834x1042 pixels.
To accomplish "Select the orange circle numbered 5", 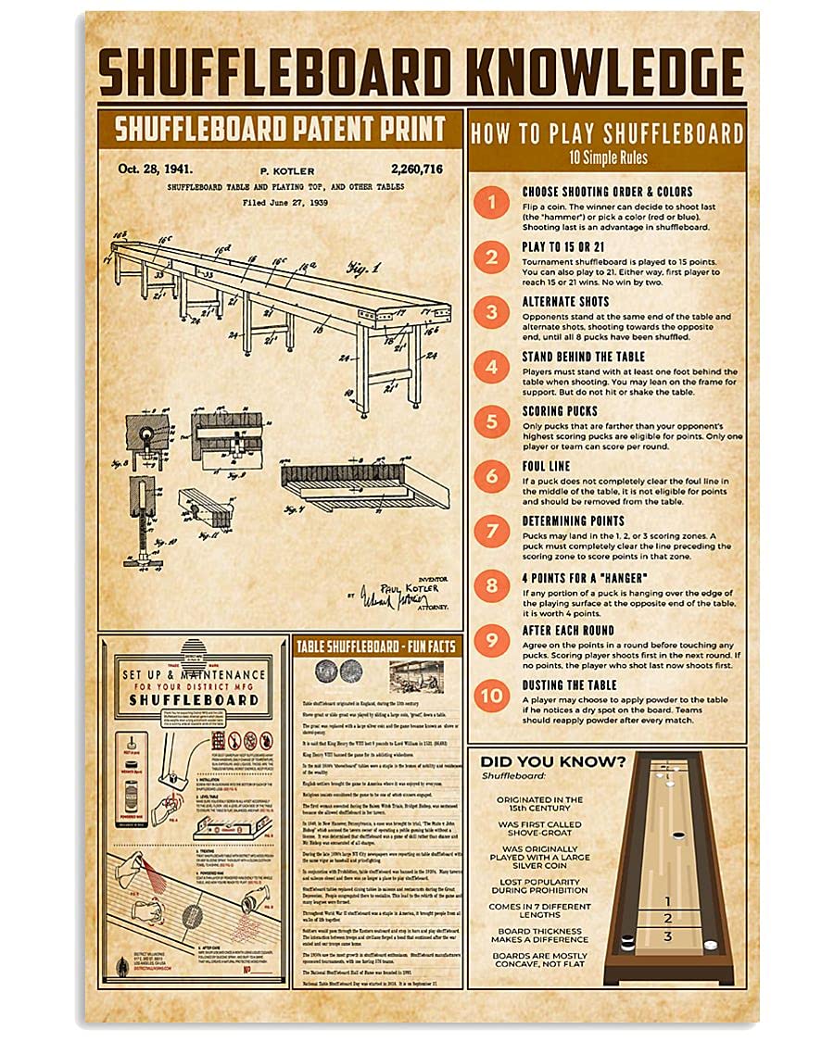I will click(492, 422).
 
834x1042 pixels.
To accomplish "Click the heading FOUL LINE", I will click(546, 466).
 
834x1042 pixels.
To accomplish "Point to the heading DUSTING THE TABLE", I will click(569, 685).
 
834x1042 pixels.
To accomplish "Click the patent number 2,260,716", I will click(417, 169).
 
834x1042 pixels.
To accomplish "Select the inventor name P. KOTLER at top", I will click(288, 170).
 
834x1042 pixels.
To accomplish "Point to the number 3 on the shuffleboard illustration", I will click(668, 936).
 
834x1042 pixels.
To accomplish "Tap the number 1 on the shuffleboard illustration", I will click(668, 899).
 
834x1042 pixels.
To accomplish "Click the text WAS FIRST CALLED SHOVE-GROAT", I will click(539, 828).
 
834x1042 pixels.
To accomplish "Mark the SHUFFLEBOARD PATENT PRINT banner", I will click(280, 129).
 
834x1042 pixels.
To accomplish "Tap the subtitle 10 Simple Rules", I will click(607, 158).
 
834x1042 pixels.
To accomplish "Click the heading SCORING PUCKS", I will click(559, 411).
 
